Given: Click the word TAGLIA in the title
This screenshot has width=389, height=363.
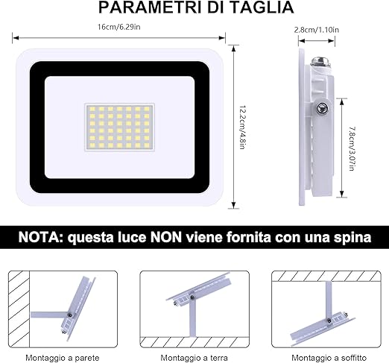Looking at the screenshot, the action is coord(262,7).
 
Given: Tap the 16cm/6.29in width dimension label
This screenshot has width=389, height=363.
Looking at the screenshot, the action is coord(118,27).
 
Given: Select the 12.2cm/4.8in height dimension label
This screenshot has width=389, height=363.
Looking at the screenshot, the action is coord(242,127).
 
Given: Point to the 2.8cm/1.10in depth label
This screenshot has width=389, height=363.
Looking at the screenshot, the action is coord(317,30).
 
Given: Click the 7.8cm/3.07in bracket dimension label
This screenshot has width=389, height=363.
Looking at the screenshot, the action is coord(352,148).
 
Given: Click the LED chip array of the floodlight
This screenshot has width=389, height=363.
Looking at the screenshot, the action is coord(120,127).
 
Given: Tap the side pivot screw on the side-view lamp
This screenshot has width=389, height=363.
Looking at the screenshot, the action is coord(321,108).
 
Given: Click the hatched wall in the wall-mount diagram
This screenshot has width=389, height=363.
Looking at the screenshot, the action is coord(19,309).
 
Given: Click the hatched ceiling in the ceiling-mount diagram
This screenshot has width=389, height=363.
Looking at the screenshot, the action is coord(326,276).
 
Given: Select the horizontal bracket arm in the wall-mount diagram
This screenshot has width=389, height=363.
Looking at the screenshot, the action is coord(49,315).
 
